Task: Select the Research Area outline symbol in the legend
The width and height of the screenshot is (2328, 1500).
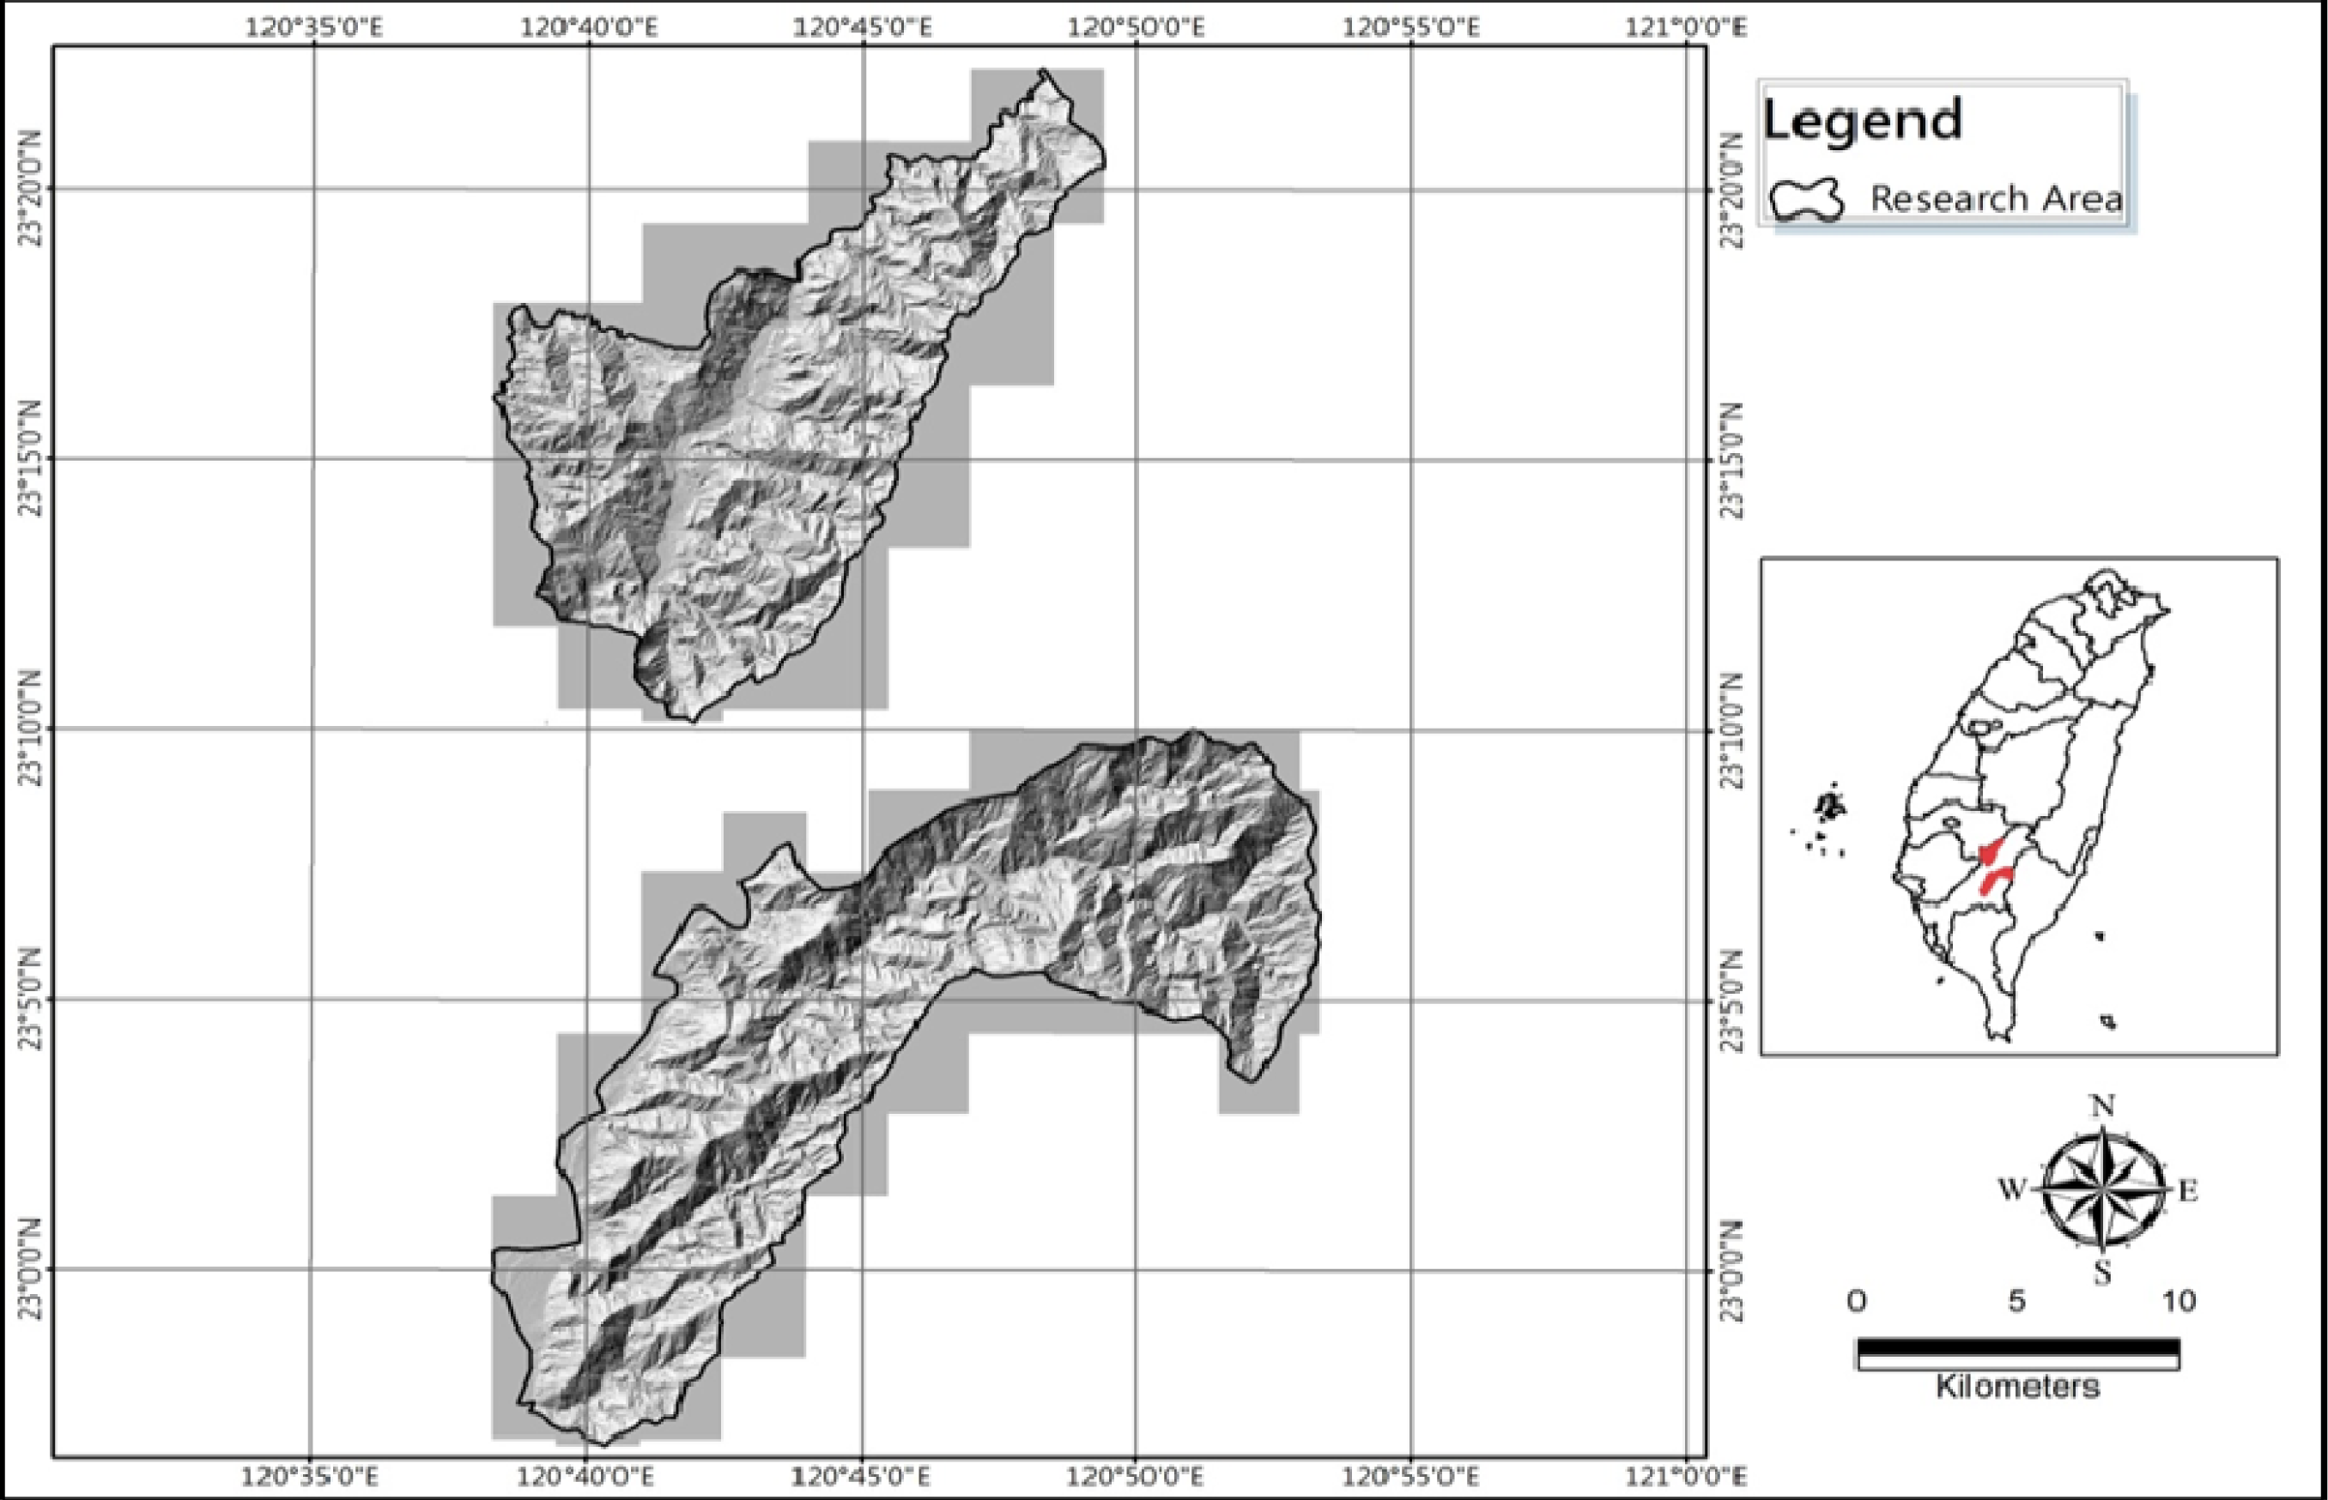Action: click(x=1807, y=200)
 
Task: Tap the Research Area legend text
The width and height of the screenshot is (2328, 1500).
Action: click(x=1996, y=200)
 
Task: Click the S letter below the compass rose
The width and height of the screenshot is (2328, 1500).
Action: click(x=2102, y=1272)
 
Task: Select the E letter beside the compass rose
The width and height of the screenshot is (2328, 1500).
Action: click(x=2189, y=1190)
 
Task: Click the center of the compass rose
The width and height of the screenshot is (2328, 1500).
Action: click(x=2103, y=1189)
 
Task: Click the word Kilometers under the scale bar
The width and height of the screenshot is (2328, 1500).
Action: click(x=2016, y=1385)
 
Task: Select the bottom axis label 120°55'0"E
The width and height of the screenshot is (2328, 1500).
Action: click(x=1411, y=1477)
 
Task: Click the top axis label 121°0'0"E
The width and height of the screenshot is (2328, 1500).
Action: click(x=1687, y=27)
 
